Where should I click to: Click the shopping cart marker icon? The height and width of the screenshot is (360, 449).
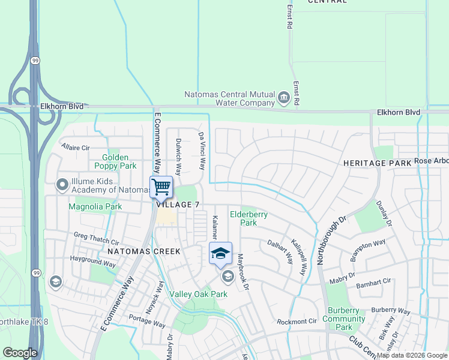point(161,187)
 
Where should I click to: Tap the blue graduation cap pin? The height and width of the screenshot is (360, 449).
point(220,253)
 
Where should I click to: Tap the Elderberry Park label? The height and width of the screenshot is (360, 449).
point(249,218)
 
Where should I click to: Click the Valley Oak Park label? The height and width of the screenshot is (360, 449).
point(198,294)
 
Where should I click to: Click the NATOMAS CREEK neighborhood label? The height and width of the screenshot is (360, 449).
point(144,251)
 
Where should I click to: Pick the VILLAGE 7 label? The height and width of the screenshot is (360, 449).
point(178,205)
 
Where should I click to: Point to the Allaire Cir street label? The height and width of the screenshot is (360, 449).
point(75,147)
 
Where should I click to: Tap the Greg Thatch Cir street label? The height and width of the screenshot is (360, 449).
point(96,238)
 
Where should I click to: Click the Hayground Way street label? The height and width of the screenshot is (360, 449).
point(92,262)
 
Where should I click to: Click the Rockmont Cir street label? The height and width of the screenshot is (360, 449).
point(297,322)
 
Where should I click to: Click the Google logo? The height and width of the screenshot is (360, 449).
point(20,353)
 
